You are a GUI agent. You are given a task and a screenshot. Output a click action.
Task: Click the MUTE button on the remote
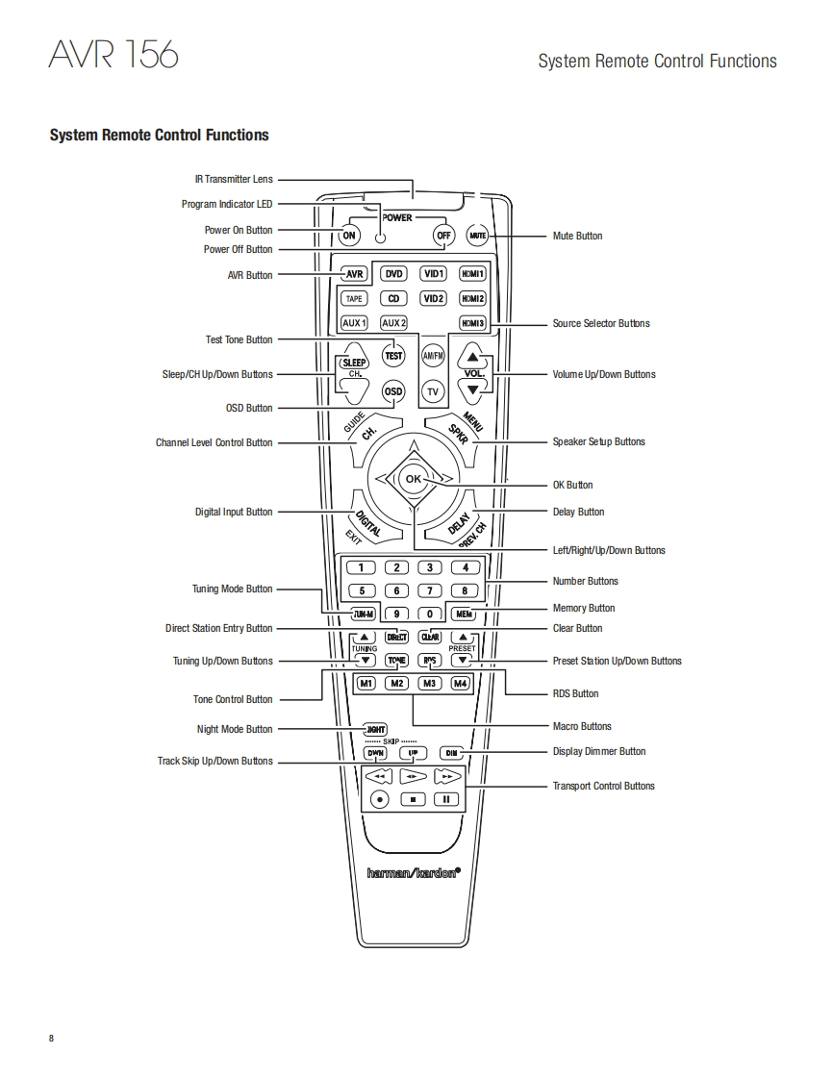click(x=478, y=236)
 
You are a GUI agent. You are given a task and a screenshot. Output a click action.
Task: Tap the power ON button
click(x=349, y=236)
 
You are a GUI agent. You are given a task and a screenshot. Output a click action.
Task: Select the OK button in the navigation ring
click(x=413, y=479)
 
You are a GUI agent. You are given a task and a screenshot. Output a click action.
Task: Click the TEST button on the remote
click(x=393, y=355)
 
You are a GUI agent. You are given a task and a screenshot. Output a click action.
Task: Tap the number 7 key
click(x=430, y=590)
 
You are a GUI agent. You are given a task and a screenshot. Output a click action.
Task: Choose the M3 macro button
click(x=430, y=684)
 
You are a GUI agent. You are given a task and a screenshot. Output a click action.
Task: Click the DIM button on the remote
click(x=451, y=753)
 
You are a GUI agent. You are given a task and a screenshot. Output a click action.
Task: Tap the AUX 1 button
click(x=354, y=323)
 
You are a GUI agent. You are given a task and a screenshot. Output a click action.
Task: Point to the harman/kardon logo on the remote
click(x=414, y=873)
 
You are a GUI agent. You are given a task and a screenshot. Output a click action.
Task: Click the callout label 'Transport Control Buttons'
click(x=603, y=786)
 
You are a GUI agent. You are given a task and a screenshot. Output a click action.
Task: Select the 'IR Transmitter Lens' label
click(x=234, y=179)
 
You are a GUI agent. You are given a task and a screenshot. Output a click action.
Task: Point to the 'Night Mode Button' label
click(x=235, y=729)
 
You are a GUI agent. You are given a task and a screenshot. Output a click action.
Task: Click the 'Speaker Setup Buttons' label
click(x=598, y=441)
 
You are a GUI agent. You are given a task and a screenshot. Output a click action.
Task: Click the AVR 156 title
click(x=114, y=55)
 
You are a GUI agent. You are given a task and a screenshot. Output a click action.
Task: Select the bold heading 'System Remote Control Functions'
click(x=159, y=135)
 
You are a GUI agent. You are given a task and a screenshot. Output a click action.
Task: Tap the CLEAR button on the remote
click(x=430, y=637)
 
